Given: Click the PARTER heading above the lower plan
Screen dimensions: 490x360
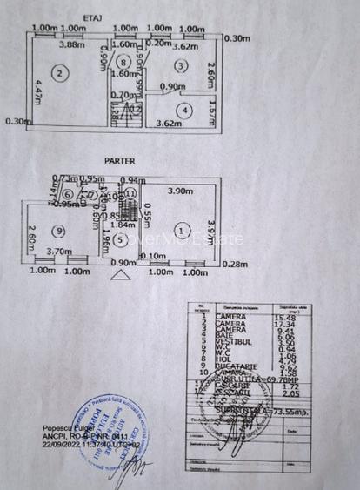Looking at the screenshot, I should tap(118, 161).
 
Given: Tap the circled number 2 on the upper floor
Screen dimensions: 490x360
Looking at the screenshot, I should tap(58, 73).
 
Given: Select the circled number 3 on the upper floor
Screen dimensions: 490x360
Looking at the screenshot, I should tap(179, 66).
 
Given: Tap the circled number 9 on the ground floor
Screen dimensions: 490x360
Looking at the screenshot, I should tap(57, 231).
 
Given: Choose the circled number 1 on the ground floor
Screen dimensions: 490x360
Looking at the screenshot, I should tap(180, 229).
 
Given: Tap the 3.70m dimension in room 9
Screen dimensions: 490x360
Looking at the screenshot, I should tap(58, 252).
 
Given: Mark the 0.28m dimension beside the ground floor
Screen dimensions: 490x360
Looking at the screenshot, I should tap(234, 264).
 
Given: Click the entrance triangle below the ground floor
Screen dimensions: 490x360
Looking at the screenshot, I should tap(119, 276).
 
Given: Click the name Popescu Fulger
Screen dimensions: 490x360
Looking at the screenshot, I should tap(66, 429).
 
